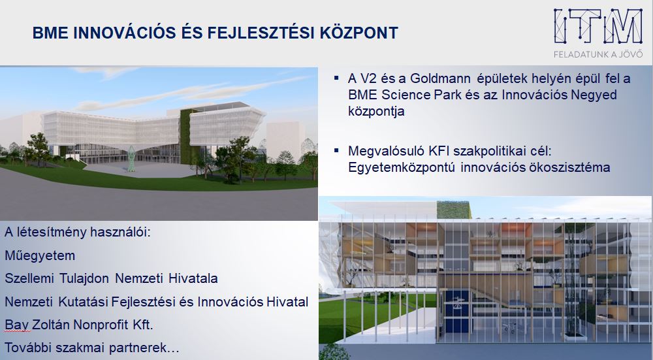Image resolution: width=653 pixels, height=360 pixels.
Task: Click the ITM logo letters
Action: (x=598, y=27)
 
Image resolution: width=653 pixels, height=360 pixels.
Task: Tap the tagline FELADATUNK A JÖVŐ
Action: (x=598, y=54)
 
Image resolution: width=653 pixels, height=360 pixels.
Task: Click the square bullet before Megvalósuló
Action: (x=336, y=150)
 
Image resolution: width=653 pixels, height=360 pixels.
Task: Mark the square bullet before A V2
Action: (x=336, y=78)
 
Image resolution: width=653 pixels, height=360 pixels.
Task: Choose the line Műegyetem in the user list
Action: (x=40, y=255)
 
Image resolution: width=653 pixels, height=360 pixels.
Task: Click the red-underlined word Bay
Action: (x=17, y=325)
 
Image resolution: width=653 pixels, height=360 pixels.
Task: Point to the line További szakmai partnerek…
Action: (x=92, y=348)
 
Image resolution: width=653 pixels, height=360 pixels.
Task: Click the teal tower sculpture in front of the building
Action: (x=132, y=158)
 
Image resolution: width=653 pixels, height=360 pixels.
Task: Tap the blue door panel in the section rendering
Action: (x=456, y=312)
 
